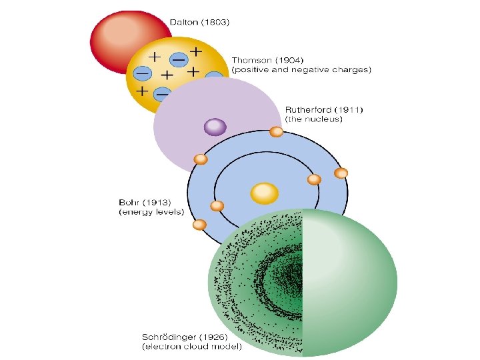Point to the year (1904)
[285, 59]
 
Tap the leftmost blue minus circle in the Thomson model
[142, 73]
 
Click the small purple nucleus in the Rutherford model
[215, 126]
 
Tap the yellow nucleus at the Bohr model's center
[264, 193]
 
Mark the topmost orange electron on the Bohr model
[276, 132]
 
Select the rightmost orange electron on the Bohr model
[341, 173]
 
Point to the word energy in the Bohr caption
[135, 212]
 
